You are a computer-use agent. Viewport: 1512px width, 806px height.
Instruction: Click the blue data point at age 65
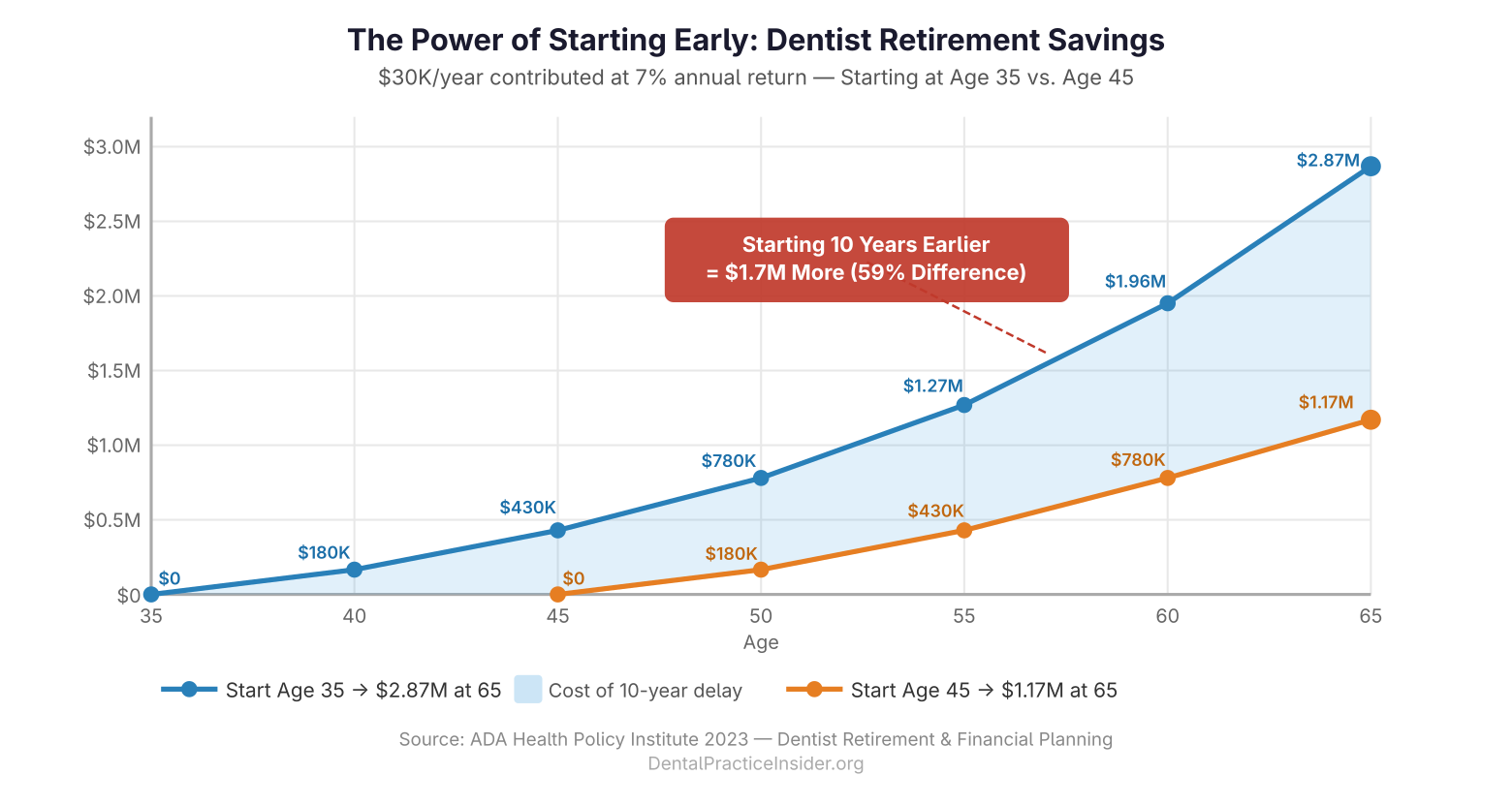pyautogui.click(x=1370, y=166)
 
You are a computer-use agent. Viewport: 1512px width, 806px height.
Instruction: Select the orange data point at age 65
pyautogui.click(x=1370, y=419)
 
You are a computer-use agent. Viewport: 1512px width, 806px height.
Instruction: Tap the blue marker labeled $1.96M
pyautogui.click(x=1167, y=303)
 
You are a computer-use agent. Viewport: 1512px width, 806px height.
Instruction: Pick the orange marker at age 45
pyautogui.click(x=557, y=594)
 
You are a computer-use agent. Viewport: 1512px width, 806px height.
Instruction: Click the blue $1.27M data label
pyautogui.click(x=932, y=386)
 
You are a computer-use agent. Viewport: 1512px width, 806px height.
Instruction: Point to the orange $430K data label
pyautogui.click(x=935, y=511)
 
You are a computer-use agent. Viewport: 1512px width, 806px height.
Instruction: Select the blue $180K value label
pyautogui.click(x=324, y=552)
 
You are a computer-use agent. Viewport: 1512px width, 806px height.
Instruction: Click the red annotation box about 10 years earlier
pyautogui.click(x=866, y=260)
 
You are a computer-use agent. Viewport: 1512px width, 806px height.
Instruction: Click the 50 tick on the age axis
pyautogui.click(x=761, y=616)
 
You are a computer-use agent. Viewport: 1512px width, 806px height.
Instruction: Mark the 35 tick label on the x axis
pyautogui.click(x=151, y=616)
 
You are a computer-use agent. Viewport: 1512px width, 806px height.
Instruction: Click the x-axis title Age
pyautogui.click(x=761, y=642)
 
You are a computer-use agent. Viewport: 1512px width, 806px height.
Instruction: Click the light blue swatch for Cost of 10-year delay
pyautogui.click(x=527, y=690)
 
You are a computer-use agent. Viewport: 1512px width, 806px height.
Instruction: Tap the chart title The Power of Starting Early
pyautogui.click(x=756, y=40)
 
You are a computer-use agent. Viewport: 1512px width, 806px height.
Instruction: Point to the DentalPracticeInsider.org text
pyautogui.click(x=756, y=763)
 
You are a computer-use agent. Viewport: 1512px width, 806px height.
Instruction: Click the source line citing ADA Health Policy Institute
pyautogui.click(x=756, y=739)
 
